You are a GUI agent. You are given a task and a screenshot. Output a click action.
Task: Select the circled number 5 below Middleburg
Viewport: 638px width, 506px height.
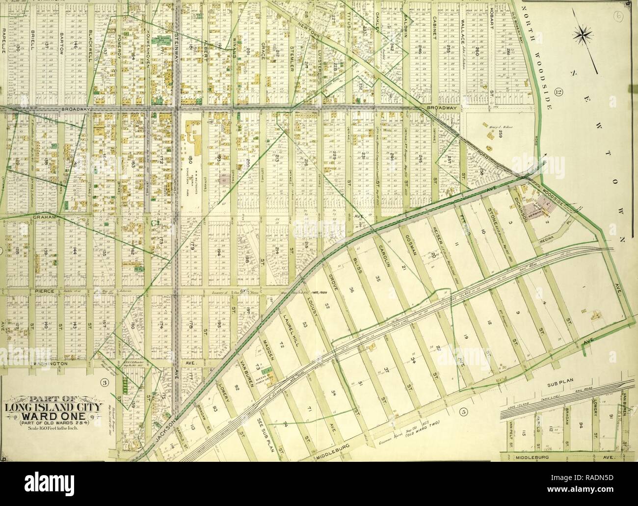(463, 411)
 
